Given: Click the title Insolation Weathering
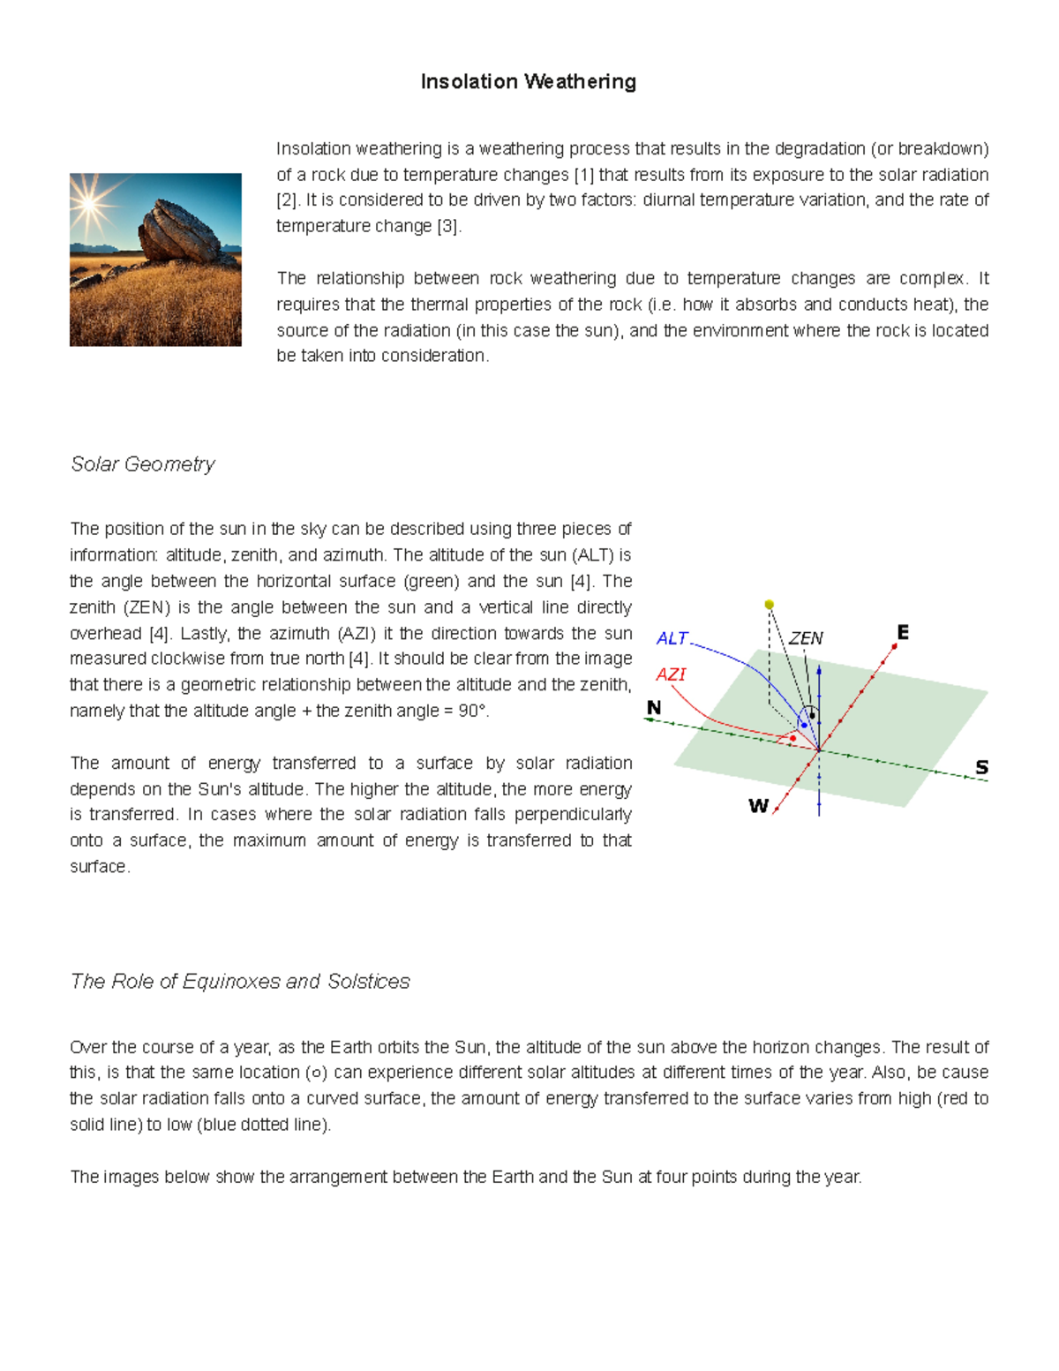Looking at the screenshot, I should point(528,82).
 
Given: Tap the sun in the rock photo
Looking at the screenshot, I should point(89,204).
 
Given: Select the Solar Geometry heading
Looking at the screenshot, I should point(142,464).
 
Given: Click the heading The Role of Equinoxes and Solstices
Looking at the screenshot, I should point(240,982).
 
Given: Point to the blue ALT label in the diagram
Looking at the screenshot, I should point(672,638).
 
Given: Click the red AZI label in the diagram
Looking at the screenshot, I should point(671,674).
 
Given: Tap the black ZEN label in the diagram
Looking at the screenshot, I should point(805,638).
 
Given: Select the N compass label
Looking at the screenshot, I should point(654,708).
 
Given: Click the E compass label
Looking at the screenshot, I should point(902,633).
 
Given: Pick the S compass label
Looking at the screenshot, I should point(981,767).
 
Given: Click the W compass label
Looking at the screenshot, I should point(758,806).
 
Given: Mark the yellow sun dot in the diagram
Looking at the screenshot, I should point(770,605).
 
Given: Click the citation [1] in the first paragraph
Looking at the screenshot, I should point(584,175).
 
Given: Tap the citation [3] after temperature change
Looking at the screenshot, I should point(447,226).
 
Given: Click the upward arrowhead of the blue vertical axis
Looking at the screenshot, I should point(819,671).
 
